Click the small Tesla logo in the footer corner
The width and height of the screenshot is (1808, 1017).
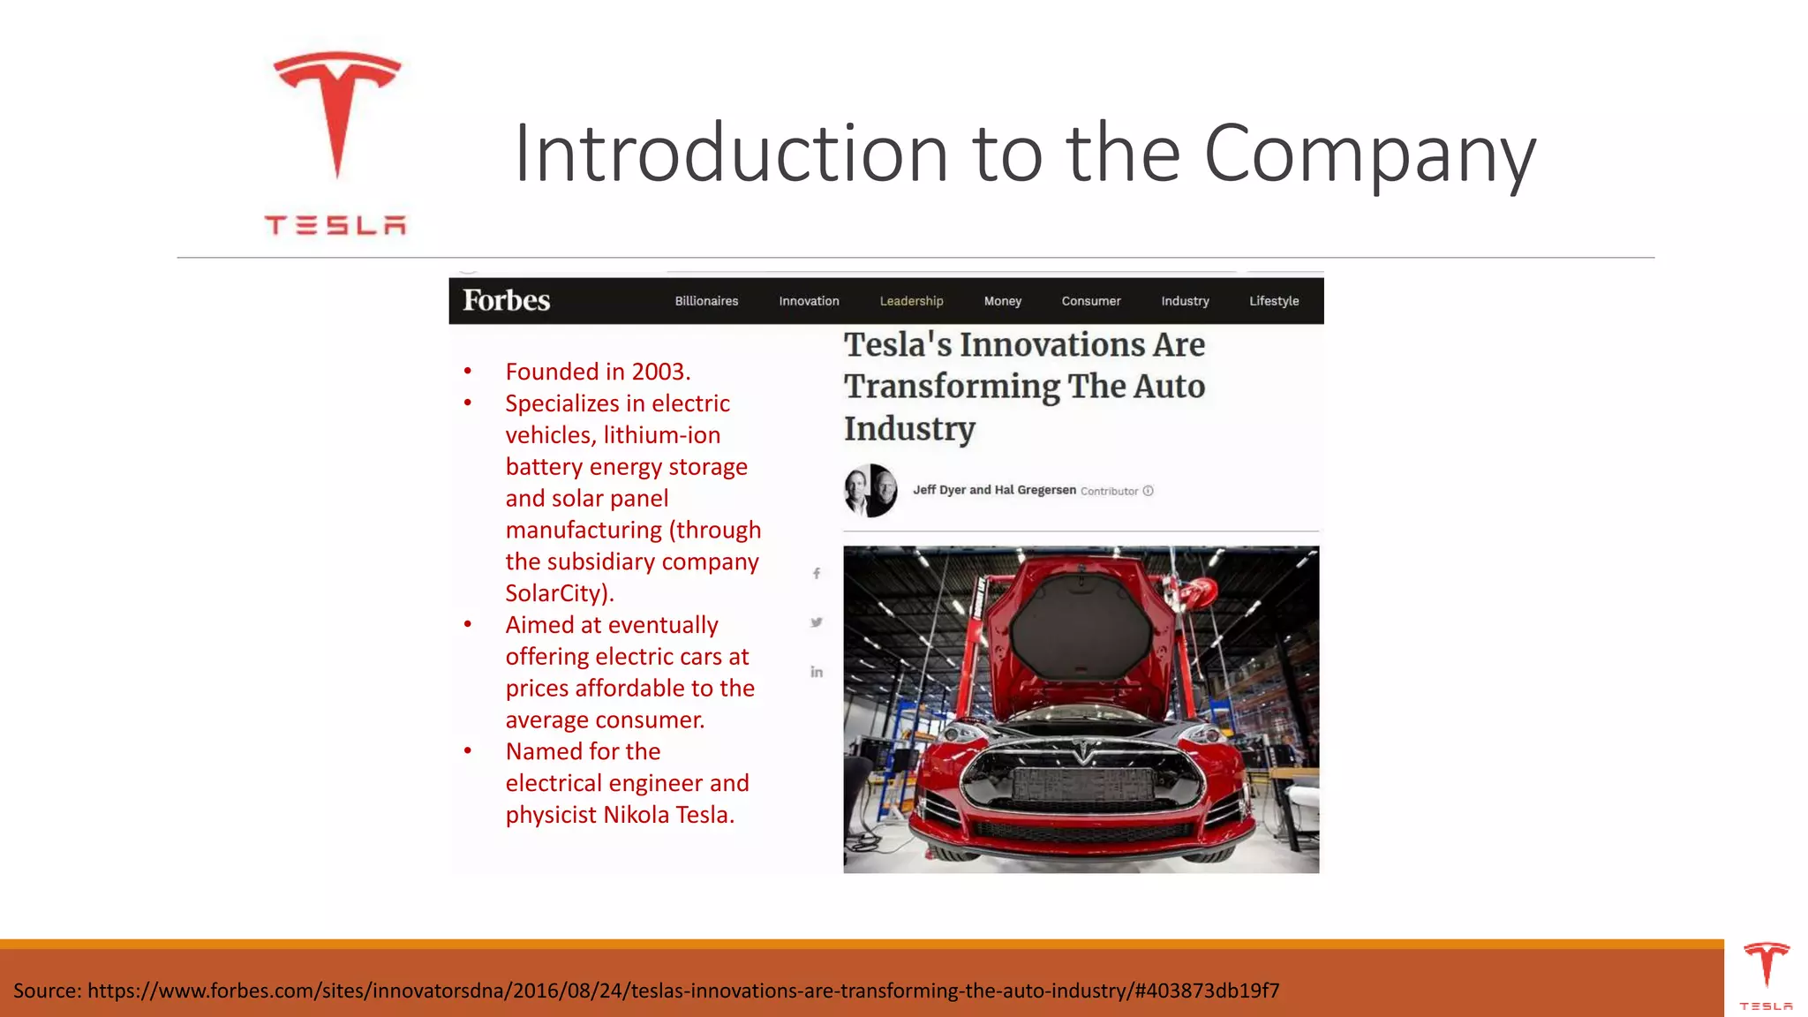click(x=1766, y=968)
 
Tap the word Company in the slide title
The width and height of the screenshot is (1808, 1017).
click(x=1369, y=154)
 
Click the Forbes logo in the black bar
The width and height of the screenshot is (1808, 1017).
click(x=507, y=301)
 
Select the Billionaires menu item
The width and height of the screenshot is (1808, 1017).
click(x=706, y=301)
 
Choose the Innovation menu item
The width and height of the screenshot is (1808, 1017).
click(x=809, y=301)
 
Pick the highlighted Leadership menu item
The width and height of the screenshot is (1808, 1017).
click(x=911, y=301)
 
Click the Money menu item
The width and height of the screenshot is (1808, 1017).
click(x=1002, y=301)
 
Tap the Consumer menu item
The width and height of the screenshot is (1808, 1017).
click(x=1091, y=301)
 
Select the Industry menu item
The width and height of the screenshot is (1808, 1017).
click(x=1185, y=301)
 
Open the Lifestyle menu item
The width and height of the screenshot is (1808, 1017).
click(x=1274, y=301)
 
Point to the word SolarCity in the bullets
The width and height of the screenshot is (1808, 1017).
click(x=554, y=593)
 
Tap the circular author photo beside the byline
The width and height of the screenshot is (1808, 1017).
click(x=870, y=491)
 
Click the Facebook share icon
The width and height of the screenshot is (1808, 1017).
click(x=817, y=574)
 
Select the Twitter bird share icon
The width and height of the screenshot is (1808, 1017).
click(x=817, y=622)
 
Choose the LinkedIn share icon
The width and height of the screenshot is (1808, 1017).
click(x=817, y=672)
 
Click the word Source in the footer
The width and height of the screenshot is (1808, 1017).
click(x=46, y=991)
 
